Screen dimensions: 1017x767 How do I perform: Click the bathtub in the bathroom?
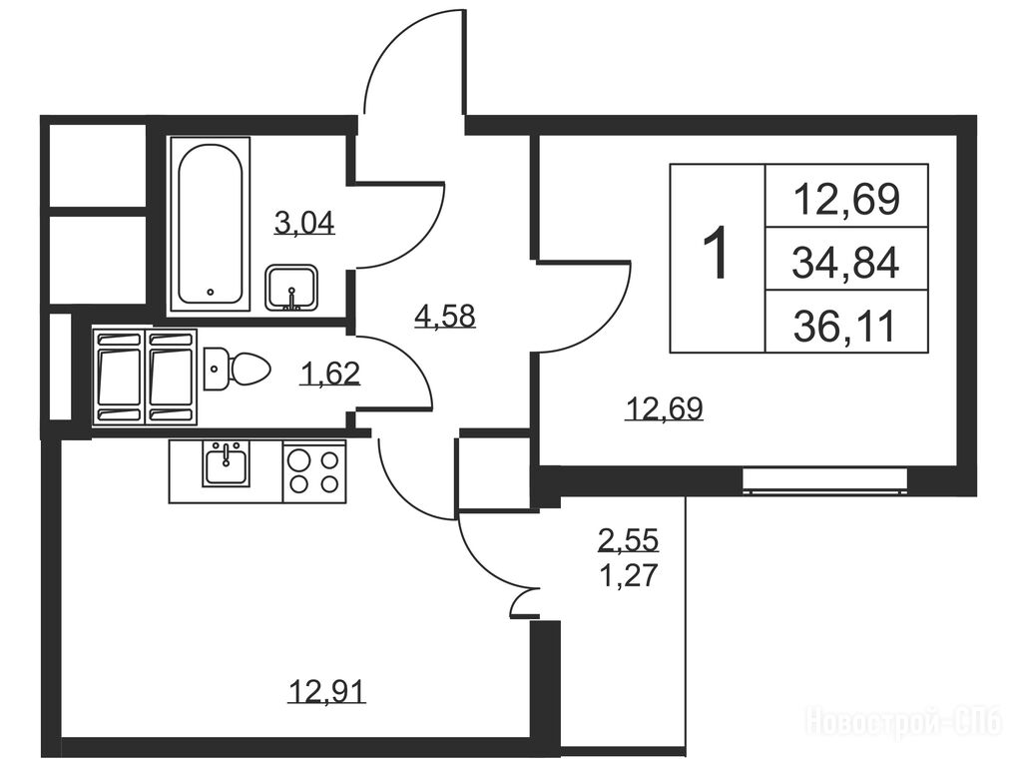point(211,225)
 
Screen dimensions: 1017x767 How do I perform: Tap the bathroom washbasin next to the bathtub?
point(291,288)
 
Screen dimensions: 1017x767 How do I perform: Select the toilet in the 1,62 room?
point(237,369)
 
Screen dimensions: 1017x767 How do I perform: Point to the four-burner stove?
point(314,470)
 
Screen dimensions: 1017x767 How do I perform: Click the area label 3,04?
point(304,224)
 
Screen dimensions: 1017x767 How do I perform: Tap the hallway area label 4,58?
point(445,317)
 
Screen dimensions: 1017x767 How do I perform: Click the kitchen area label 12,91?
point(327,691)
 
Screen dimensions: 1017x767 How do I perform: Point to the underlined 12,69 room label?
point(664,409)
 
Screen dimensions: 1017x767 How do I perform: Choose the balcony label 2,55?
point(629,539)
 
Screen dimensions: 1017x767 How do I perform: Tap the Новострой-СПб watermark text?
point(905,721)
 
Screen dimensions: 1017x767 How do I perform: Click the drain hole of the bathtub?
point(211,292)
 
